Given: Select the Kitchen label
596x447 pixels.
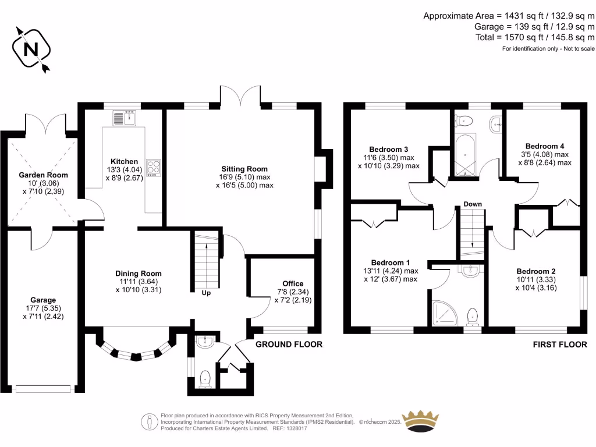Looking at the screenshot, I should click(125, 161).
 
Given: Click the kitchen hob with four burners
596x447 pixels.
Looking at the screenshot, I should click(154, 168).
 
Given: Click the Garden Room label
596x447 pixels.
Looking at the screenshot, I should click(43, 175).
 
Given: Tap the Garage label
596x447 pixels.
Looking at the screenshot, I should click(44, 300).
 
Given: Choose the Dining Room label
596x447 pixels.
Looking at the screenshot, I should click(139, 274).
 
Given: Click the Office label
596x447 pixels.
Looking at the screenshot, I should click(293, 283).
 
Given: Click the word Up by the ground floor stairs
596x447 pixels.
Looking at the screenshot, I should click(206, 293).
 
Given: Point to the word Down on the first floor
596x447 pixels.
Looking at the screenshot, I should click(473, 204).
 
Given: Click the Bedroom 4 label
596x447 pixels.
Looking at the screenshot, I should click(545, 146).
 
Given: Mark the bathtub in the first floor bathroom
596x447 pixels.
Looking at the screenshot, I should click(465, 154).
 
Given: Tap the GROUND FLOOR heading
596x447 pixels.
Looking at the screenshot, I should click(289, 345).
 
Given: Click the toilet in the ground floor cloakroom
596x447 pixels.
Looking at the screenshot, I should click(205, 379).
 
